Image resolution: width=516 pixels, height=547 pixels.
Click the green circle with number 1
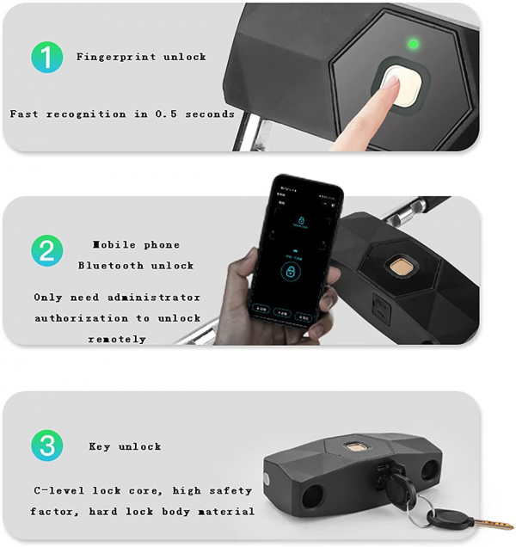[x=48, y=57]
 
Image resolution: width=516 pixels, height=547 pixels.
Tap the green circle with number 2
[x=48, y=251]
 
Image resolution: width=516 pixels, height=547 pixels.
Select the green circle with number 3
[x=48, y=446]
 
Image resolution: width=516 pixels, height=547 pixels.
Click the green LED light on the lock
[x=413, y=43]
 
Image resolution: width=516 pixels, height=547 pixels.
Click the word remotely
[x=117, y=339]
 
